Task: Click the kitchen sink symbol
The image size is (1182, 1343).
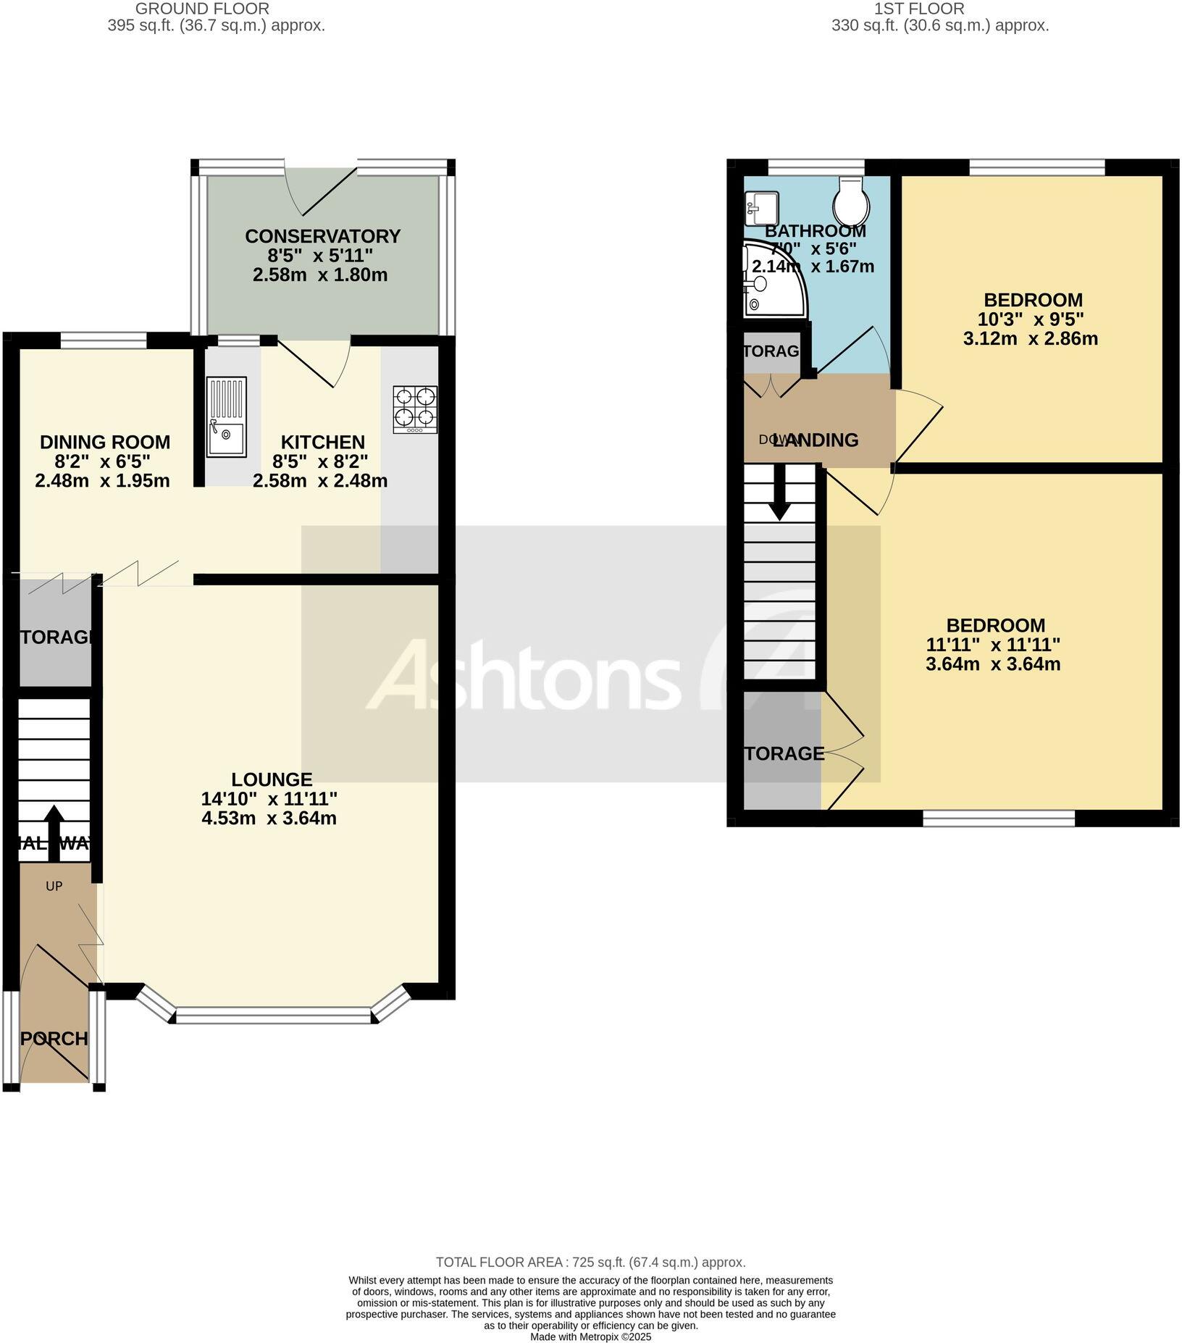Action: coord(226,417)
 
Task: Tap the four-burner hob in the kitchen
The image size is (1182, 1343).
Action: coord(415,409)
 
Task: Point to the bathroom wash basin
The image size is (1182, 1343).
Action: coord(761,208)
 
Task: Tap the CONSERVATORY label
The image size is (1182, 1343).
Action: coord(322,236)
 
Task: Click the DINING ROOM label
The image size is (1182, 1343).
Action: coord(105,442)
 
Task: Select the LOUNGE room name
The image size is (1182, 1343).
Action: coord(272,779)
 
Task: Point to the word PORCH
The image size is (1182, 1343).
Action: coord(54,1039)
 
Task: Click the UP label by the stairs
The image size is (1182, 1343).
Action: coord(54,886)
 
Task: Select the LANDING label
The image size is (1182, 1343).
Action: coord(816,440)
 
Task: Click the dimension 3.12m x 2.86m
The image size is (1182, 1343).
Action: coord(1030,338)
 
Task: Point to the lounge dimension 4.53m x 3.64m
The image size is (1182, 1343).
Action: coord(269,819)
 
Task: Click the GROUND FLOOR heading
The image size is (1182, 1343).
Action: coord(202,9)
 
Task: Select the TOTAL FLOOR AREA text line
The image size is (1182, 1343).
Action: coord(590,1263)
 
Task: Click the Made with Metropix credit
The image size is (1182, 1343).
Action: coord(591,1336)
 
